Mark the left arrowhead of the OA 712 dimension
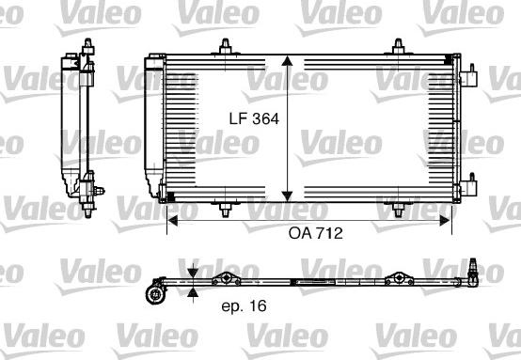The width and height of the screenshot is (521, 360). pos(172,221)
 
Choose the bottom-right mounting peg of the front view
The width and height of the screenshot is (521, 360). pos(398,209)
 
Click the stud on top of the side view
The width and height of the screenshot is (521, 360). pos(87,44)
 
